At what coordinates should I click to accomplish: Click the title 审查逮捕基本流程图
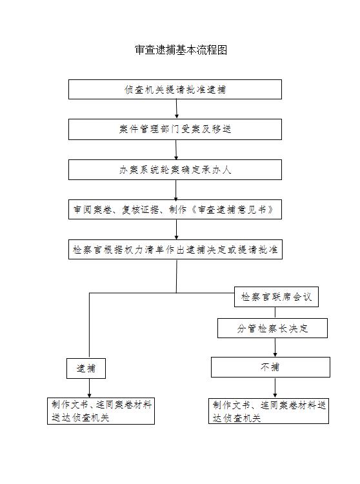(181, 50)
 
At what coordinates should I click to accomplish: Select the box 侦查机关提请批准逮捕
(175, 89)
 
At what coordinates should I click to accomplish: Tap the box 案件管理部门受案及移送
(175, 129)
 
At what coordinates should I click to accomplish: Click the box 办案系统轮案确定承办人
(175, 170)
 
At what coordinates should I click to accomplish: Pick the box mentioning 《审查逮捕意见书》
(175, 210)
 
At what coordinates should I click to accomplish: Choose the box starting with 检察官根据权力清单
(175, 249)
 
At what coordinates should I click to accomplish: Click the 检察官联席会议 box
(276, 297)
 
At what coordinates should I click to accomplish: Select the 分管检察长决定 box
(272, 328)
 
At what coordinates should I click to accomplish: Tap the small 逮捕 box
(86, 368)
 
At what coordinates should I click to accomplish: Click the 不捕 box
(270, 367)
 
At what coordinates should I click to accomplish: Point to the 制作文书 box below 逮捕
(101, 411)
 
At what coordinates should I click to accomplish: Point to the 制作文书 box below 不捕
(268, 411)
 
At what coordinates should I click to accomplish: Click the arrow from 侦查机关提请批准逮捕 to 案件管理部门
(177, 108)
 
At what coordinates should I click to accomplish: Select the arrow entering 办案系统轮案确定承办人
(176, 150)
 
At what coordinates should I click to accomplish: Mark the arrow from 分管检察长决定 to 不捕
(275, 348)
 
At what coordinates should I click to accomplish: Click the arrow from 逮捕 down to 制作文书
(90, 388)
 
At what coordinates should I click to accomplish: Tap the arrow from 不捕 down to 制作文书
(275, 388)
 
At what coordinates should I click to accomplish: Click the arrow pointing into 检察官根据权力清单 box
(177, 229)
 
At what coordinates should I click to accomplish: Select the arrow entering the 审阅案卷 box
(176, 190)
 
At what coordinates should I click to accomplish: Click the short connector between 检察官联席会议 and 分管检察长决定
(275, 312)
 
